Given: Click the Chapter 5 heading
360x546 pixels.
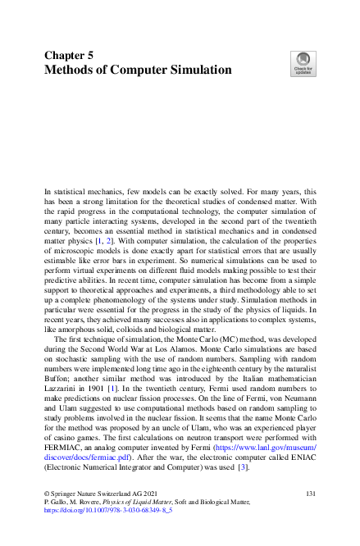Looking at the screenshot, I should pyautogui.click(x=70, y=55).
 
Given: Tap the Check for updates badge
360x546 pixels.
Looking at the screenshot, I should pyautogui.click(x=303, y=65).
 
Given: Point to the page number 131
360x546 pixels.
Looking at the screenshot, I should pyautogui.click(x=310, y=493).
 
